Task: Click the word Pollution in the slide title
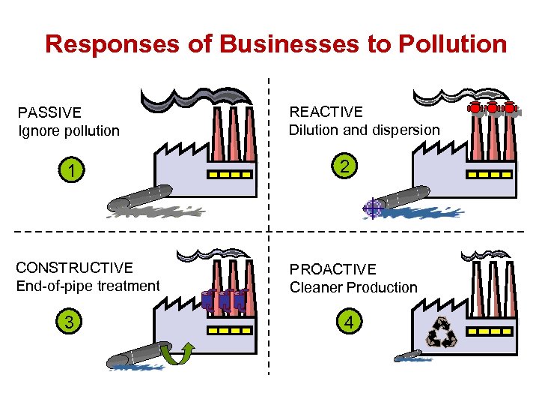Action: click(x=453, y=43)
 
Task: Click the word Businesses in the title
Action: click(x=265, y=43)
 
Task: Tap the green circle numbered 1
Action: click(x=70, y=171)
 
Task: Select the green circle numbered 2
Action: click(x=343, y=166)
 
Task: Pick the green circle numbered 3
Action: click(x=70, y=322)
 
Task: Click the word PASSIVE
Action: click(x=49, y=112)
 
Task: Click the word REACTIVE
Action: click(x=326, y=112)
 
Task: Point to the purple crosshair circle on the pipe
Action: click(x=372, y=208)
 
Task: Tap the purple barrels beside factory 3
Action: click(x=223, y=299)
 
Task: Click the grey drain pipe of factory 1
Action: click(x=138, y=196)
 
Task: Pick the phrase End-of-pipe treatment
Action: click(x=88, y=286)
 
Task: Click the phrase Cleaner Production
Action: click(x=353, y=287)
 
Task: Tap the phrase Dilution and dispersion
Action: click(x=365, y=130)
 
